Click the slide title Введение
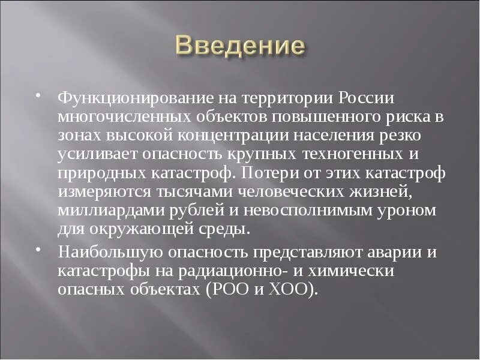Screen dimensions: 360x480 (240, 46)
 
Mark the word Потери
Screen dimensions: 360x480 (266, 174)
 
